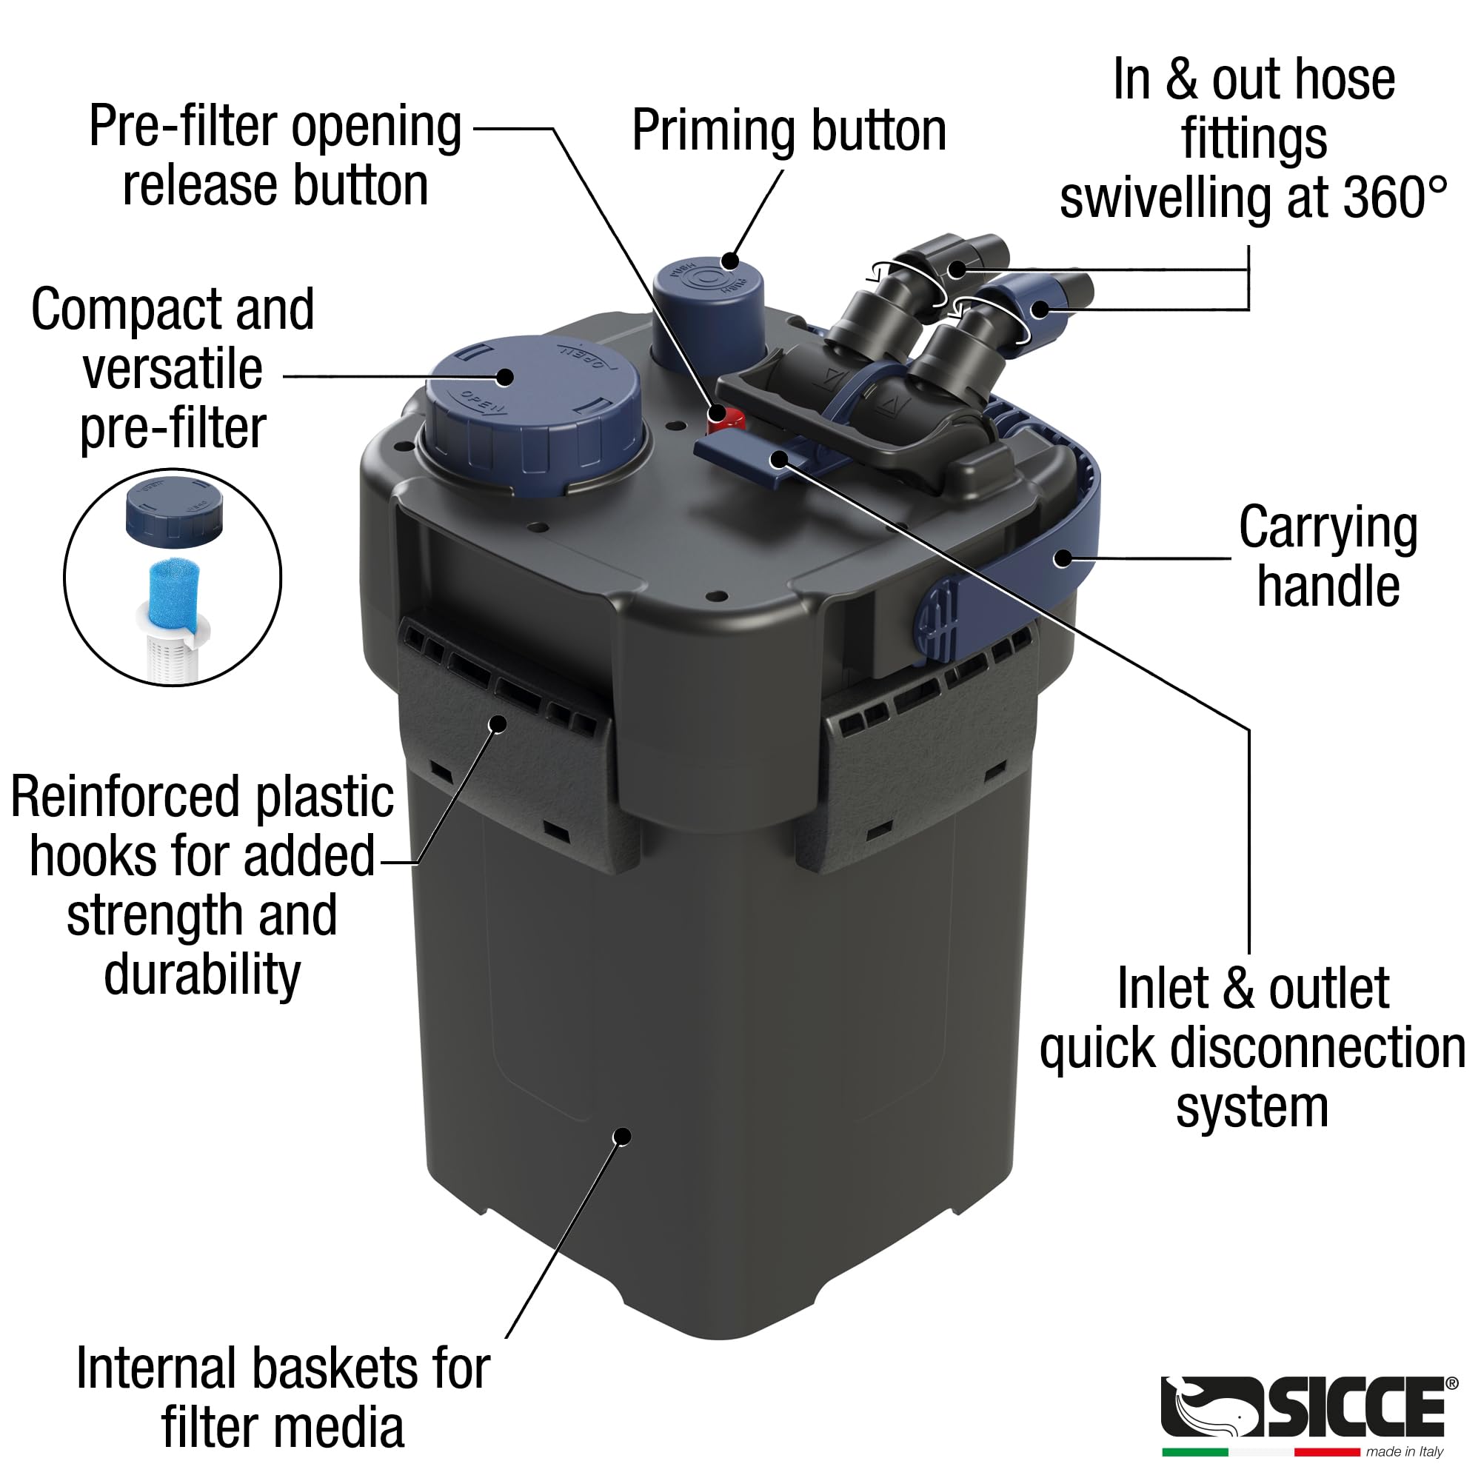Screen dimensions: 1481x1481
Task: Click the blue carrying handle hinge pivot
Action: [x=936, y=618]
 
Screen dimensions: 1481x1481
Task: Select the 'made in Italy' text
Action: [x=1404, y=1452]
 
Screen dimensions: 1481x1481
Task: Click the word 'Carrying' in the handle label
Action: [x=1328, y=528]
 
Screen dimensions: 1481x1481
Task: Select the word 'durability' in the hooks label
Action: [x=202, y=974]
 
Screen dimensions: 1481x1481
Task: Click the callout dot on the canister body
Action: [x=624, y=1137]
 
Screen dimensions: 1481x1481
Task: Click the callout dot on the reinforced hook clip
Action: [x=498, y=723]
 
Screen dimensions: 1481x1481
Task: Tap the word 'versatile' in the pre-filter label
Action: [x=173, y=369]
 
